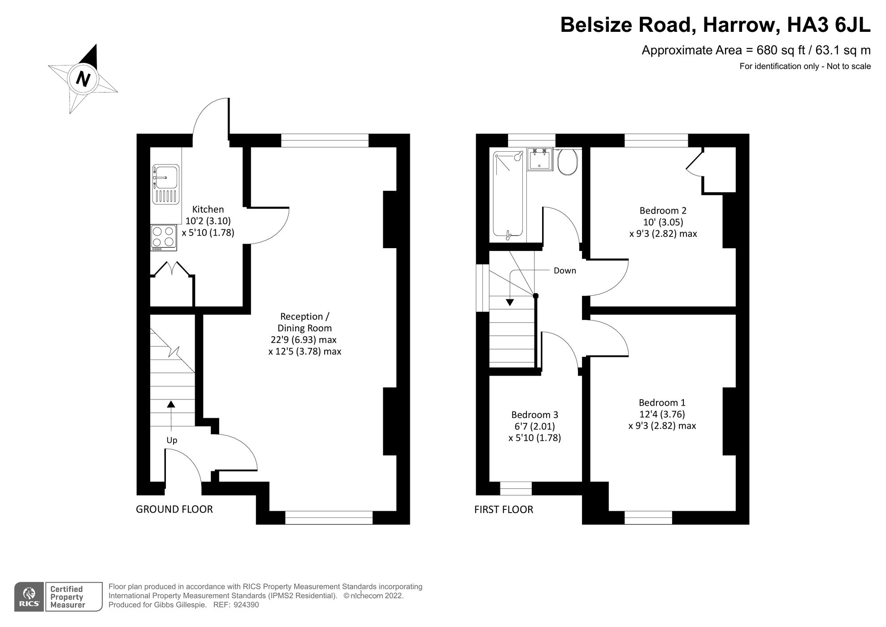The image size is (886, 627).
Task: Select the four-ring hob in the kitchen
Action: click(x=164, y=237)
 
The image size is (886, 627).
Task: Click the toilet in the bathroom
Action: click(x=568, y=162)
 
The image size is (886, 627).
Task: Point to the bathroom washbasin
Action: click(x=540, y=159)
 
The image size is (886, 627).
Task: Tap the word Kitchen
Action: click(x=208, y=209)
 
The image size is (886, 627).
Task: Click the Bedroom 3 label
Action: click(x=534, y=415)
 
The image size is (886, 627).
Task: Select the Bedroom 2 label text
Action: click(x=663, y=210)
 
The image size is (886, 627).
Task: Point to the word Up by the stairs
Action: click(x=172, y=440)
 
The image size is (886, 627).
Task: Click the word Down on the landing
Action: click(x=565, y=271)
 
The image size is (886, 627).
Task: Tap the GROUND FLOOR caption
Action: click(x=174, y=509)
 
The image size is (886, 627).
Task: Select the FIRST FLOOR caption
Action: click(x=504, y=509)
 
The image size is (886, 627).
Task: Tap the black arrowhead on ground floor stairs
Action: click(x=171, y=404)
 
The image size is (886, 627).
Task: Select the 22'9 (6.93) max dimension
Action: click(x=304, y=340)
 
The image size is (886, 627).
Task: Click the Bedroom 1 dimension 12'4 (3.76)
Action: click(x=662, y=414)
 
